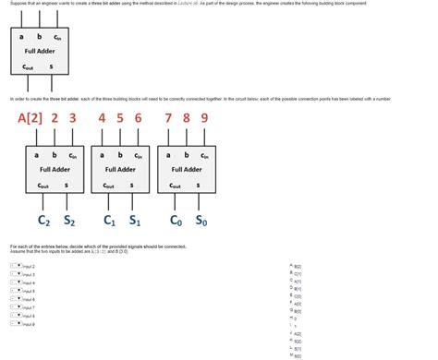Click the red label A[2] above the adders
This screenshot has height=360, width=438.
coord(30,118)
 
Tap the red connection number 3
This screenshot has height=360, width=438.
coord(72,118)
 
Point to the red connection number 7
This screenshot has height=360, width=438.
coord(168,118)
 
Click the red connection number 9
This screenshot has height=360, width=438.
coord(204,118)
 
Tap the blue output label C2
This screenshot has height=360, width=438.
coord(43,221)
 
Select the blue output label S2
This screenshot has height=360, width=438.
coord(69,221)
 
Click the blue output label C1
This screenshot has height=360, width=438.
coord(109,221)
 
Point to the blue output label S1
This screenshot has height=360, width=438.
coord(135,221)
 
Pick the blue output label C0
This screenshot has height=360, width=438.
coord(176,221)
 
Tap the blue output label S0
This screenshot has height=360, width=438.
coord(201,221)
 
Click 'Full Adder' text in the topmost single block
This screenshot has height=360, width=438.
coord(40,52)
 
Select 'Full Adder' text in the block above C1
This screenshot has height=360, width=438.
coord(120,170)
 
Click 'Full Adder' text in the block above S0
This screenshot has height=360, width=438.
coord(186,170)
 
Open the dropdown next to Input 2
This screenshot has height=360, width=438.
coord(16,266)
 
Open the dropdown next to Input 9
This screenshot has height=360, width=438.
coord(16,324)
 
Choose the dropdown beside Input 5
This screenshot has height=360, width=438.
coord(16,291)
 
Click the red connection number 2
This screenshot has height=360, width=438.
coord(55,118)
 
